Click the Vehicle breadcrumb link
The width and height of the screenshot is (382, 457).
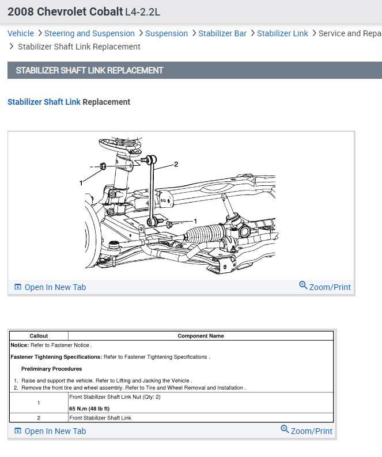[x=21, y=33]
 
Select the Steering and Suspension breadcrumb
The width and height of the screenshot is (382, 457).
[x=89, y=33]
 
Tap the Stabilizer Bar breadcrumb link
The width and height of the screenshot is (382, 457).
[x=222, y=33]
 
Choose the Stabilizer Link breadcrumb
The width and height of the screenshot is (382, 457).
[x=282, y=33]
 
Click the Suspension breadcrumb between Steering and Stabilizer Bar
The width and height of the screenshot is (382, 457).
[x=167, y=33]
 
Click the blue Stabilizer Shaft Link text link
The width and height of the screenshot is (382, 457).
[x=44, y=102]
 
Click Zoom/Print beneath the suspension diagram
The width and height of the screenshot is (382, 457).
[x=325, y=287]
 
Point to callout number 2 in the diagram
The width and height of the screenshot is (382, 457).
[x=176, y=164]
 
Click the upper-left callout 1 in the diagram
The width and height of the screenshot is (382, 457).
[x=81, y=182]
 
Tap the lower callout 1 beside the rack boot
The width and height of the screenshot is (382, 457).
[x=195, y=221]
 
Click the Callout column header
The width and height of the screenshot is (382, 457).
[x=39, y=336]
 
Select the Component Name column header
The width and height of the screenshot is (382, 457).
[x=201, y=336]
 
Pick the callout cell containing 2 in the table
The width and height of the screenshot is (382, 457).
[x=39, y=418]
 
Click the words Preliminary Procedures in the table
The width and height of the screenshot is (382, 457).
[x=51, y=368]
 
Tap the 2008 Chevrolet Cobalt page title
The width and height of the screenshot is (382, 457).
[x=65, y=12]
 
